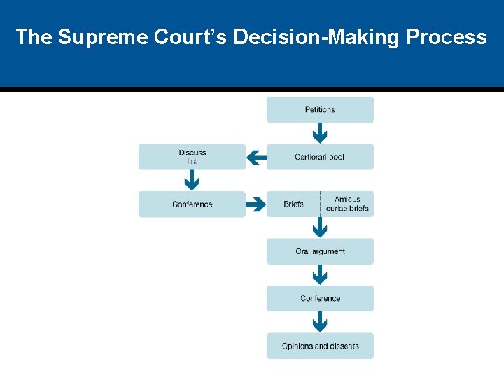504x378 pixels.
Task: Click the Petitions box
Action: [320, 110]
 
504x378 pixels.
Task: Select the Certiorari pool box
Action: [320, 157]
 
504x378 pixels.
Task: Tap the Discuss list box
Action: [192, 157]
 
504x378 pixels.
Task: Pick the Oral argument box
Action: [320, 251]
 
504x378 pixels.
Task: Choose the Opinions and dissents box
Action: [320, 346]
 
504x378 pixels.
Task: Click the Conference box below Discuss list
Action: [192, 204]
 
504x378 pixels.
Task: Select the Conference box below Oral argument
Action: [320, 298]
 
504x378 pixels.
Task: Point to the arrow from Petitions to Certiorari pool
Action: [320, 133]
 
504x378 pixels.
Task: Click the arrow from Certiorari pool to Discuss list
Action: [257, 157]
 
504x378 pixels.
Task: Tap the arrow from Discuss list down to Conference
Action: [192, 181]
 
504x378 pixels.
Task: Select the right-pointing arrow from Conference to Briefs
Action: [256, 204]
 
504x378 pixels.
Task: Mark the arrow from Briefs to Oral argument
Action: [320, 227]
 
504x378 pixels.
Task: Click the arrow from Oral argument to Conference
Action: [320, 274]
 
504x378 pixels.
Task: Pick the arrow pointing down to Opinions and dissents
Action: [320, 322]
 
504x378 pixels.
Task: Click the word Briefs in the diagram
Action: [294, 204]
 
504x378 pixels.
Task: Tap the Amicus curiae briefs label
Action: [347, 204]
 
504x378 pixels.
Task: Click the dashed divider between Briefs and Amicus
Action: [320, 204]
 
